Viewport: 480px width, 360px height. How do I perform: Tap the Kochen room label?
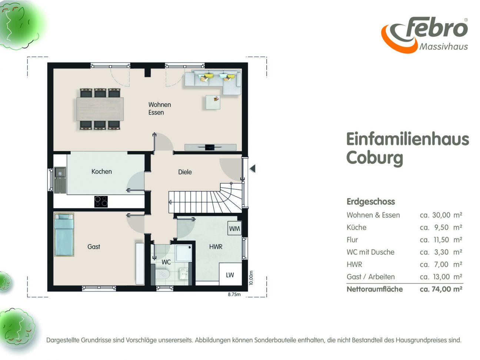pos(101,171)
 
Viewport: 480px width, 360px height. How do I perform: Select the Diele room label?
pos(185,172)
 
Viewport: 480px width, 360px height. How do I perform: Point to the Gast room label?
pos(94,247)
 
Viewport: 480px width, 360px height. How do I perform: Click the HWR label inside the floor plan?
pos(216,247)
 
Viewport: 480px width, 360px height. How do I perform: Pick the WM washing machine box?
pos(234,229)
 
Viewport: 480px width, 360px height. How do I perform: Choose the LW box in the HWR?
pos(230,274)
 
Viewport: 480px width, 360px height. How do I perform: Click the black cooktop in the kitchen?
pos(101,201)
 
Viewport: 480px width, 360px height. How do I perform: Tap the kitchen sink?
pos(60,180)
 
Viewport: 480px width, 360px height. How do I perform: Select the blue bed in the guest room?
pos(64,234)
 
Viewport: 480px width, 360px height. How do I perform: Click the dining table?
pos(100,109)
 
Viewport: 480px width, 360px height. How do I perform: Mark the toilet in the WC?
pos(162,274)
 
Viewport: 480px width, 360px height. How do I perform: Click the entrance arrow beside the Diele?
pos(253,169)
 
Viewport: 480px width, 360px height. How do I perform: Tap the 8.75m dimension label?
pos(234,294)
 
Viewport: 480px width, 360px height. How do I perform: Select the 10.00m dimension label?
pos(251,278)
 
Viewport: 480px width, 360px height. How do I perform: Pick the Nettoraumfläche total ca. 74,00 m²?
pos(441,289)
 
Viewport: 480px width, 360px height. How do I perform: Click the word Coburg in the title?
pos(374,158)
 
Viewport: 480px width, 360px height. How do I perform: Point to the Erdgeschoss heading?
pos(371,201)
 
